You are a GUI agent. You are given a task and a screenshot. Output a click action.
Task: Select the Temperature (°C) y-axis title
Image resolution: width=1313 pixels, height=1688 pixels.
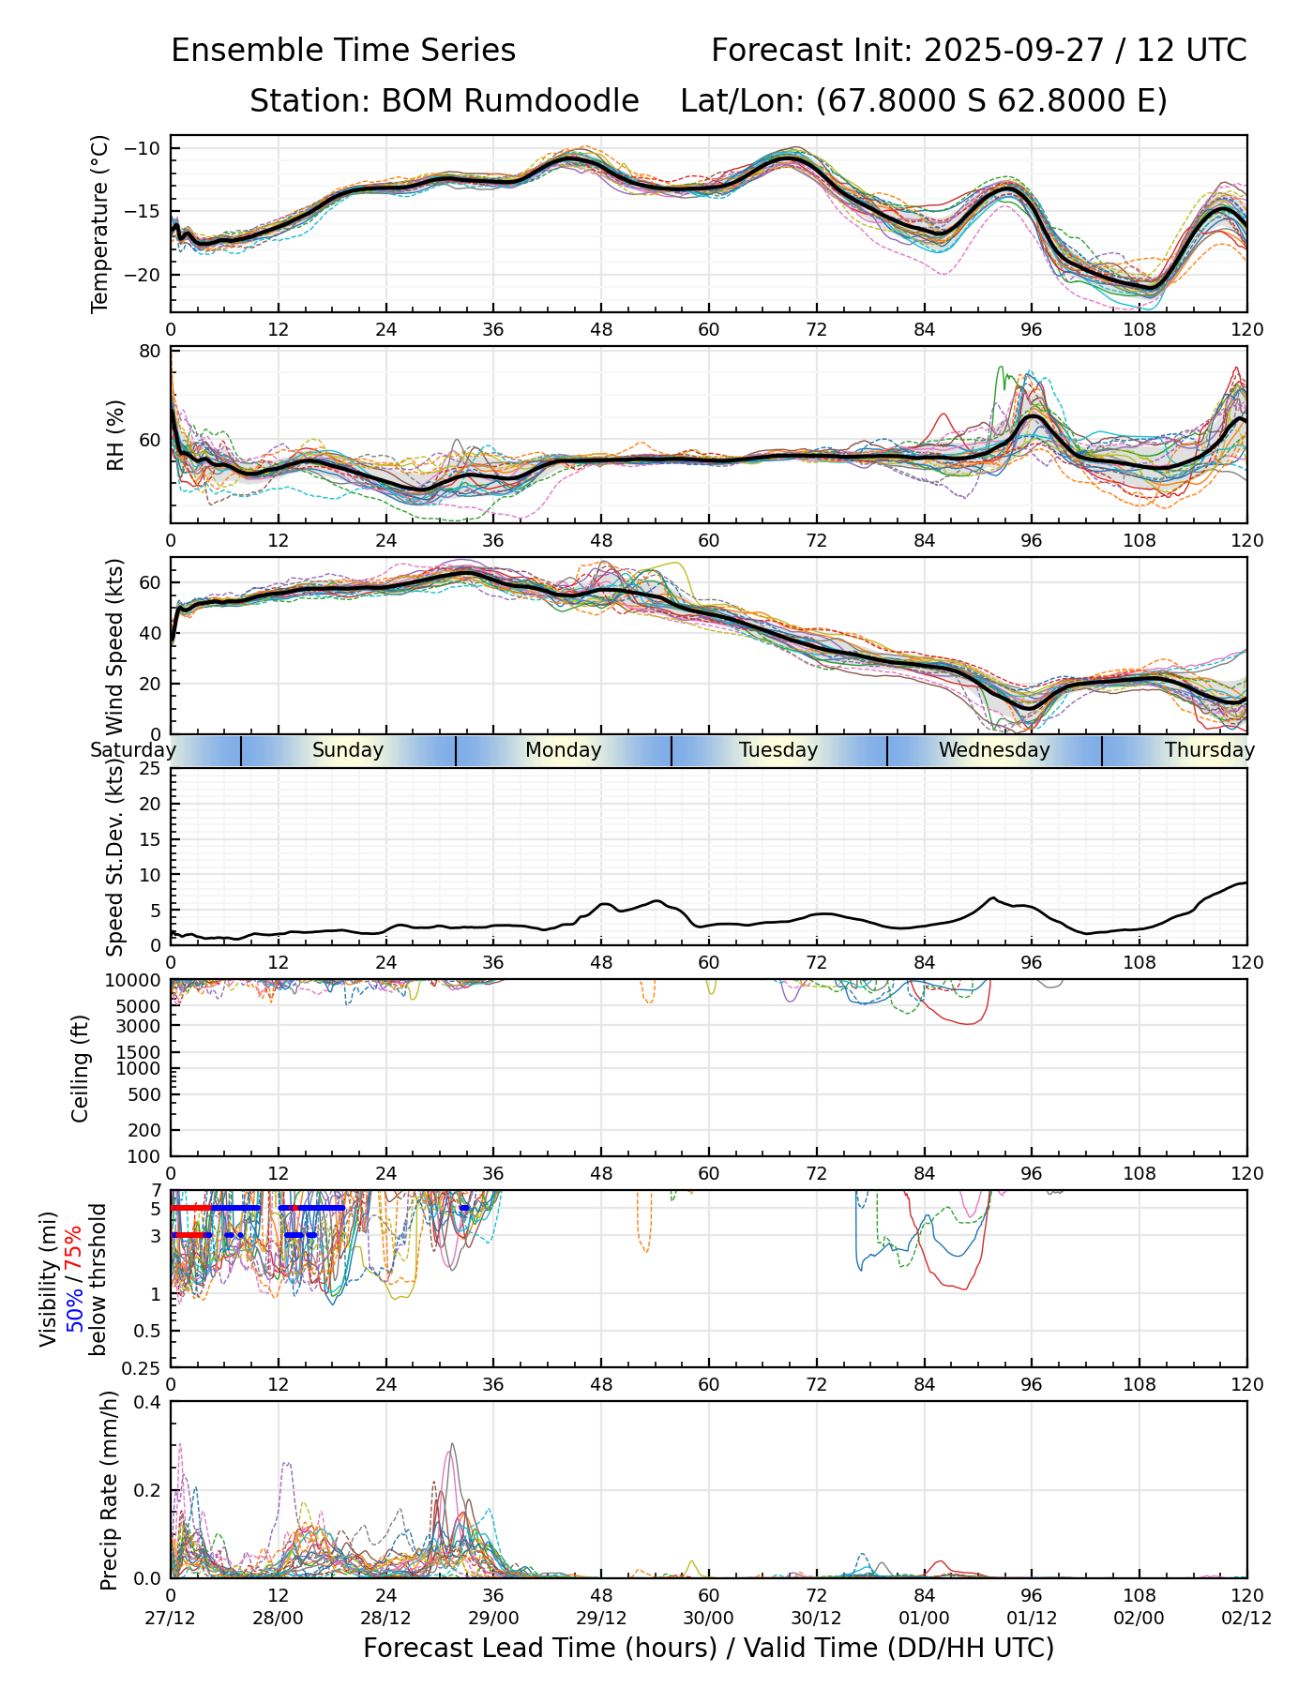click(x=100, y=223)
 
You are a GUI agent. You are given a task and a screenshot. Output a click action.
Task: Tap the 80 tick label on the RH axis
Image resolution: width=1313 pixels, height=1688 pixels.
click(x=150, y=353)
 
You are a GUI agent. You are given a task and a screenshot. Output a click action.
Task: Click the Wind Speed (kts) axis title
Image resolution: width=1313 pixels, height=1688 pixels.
click(x=114, y=647)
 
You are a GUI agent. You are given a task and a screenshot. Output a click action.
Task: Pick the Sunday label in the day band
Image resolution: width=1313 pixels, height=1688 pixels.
click(x=348, y=750)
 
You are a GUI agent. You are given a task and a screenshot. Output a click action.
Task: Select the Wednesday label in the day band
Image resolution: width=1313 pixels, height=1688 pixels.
click(x=994, y=750)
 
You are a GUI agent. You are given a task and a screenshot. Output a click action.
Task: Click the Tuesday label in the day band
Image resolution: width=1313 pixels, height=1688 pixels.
click(x=778, y=750)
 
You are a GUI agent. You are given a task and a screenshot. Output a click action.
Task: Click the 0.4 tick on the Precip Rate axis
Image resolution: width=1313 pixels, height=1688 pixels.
click(x=148, y=1403)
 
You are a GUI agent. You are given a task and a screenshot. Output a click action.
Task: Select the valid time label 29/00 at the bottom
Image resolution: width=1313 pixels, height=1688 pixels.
click(x=493, y=1618)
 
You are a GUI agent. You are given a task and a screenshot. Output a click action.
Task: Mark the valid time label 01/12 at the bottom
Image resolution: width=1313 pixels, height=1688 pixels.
click(x=1032, y=1618)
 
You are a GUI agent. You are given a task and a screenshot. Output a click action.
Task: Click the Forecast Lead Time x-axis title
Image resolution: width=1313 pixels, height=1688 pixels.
click(x=708, y=1649)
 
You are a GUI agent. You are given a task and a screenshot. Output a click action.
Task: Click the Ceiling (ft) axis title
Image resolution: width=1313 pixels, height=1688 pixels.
click(x=81, y=1068)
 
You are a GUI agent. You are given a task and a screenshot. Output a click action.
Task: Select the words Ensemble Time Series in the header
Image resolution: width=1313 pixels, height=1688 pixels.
click(x=343, y=51)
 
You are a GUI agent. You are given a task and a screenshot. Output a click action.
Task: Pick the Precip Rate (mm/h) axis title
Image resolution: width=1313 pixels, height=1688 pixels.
click(x=109, y=1489)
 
